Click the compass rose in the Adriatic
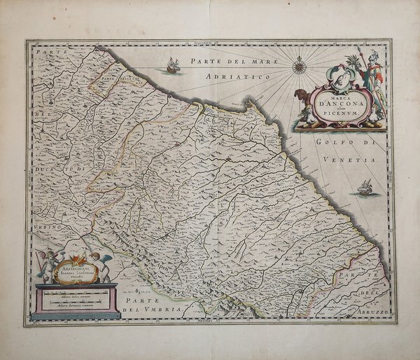pos(300,68)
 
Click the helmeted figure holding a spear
pos(370,81)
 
